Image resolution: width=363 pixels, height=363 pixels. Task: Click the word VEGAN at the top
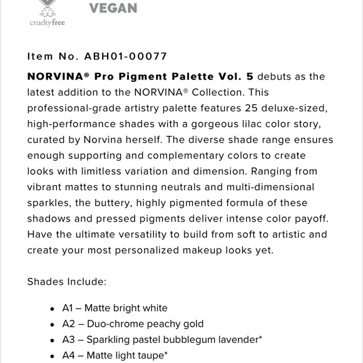click(x=113, y=8)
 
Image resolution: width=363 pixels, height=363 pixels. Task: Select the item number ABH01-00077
click(x=126, y=56)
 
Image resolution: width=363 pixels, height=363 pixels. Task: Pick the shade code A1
click(x=68, y=308)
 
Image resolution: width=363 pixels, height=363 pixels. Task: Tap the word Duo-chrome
click(x=112, y=324)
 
